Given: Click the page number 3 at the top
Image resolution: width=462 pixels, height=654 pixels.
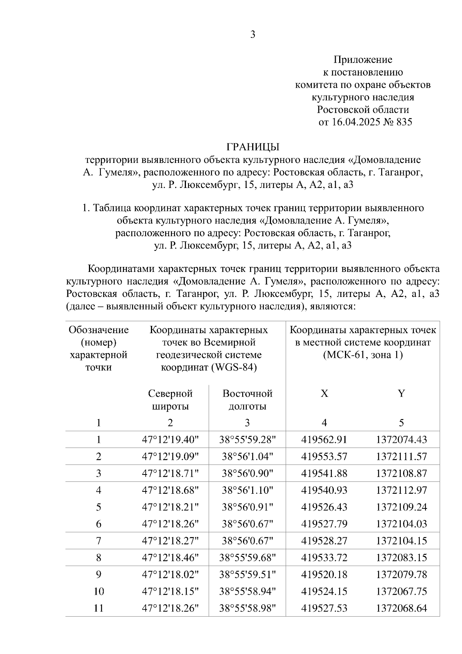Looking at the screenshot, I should tap(253, 35).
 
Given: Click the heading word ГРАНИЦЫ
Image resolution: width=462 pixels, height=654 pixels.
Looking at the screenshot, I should tap(253, 147).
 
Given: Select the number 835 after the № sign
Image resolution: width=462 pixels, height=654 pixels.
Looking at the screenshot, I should tap(403, 122).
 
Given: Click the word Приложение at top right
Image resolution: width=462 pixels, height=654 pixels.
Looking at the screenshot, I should tap(363, 60).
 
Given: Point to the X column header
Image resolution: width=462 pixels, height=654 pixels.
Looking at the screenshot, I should tap(324, 393).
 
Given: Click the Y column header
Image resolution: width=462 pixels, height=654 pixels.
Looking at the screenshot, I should tap(401, 393).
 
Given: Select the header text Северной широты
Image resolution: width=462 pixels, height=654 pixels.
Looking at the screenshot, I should tap(170, 400).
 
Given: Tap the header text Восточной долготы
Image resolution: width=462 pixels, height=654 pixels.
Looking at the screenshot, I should tap(247, 400).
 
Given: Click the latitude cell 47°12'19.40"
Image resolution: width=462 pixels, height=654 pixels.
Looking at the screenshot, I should tap(170, 439).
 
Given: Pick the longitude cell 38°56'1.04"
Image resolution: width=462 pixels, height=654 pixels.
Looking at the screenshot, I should tap(247, 456).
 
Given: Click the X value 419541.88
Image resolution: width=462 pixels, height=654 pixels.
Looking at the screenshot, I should tap(324, 473).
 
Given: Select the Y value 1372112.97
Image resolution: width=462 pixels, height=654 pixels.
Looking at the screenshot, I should tap(401, 490).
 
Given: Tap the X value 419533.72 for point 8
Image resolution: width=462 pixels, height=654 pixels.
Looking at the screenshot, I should tap(324, 558).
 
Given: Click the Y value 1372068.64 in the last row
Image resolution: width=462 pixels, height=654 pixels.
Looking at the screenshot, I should tap(401, 608).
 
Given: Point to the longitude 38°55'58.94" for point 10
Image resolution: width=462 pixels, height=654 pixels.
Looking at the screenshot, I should tap(247, 591).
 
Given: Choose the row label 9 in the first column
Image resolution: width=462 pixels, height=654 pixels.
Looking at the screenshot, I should tap(99, 575).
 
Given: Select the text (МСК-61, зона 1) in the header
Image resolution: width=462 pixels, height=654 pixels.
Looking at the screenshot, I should tap(363, 355).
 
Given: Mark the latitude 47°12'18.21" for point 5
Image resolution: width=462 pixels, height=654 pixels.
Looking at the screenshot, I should tap(170, 507).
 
